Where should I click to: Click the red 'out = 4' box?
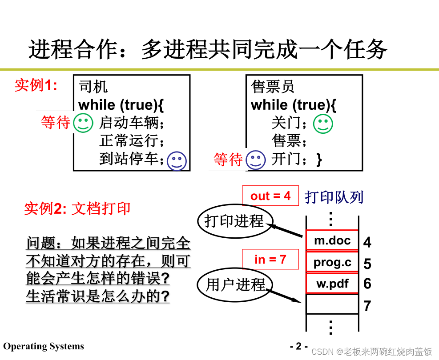pos(270,196)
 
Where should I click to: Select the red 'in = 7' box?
pos(270,259)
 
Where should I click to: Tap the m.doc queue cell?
pos(332,240)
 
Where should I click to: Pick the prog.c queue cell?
pos(332,262)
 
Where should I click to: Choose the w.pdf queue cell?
pos(332,284)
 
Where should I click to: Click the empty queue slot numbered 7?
pos(332,304)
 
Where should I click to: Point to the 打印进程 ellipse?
pos(235,220)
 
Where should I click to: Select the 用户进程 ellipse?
pos(235,284)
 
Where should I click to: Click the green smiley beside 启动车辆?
pos(83,123)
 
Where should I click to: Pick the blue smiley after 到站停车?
pos(177,160)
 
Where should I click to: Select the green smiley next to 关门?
pos(323,124)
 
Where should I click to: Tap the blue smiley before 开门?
pos(256,160)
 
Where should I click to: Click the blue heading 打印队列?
pos(334,197)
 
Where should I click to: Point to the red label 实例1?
pos(36,85)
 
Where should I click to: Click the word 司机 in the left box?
pos(93,87)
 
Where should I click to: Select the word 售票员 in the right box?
pos(273,87)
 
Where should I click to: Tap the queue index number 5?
pos(367,264)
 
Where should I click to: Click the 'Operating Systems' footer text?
pos(44,346)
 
